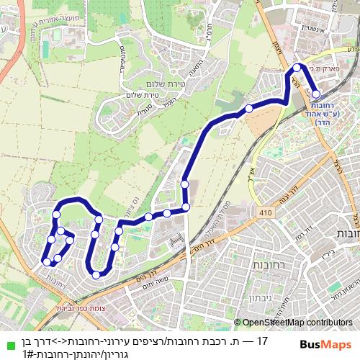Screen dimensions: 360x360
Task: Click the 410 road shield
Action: click(267, 213)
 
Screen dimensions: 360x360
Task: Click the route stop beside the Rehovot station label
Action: click(315, 94)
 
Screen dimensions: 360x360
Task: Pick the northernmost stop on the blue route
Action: click(297, 68)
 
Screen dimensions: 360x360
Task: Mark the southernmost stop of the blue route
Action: click(96, 274)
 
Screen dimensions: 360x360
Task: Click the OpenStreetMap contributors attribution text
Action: click(297, 323)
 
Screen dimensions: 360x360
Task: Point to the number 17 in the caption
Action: click(262, 340)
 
